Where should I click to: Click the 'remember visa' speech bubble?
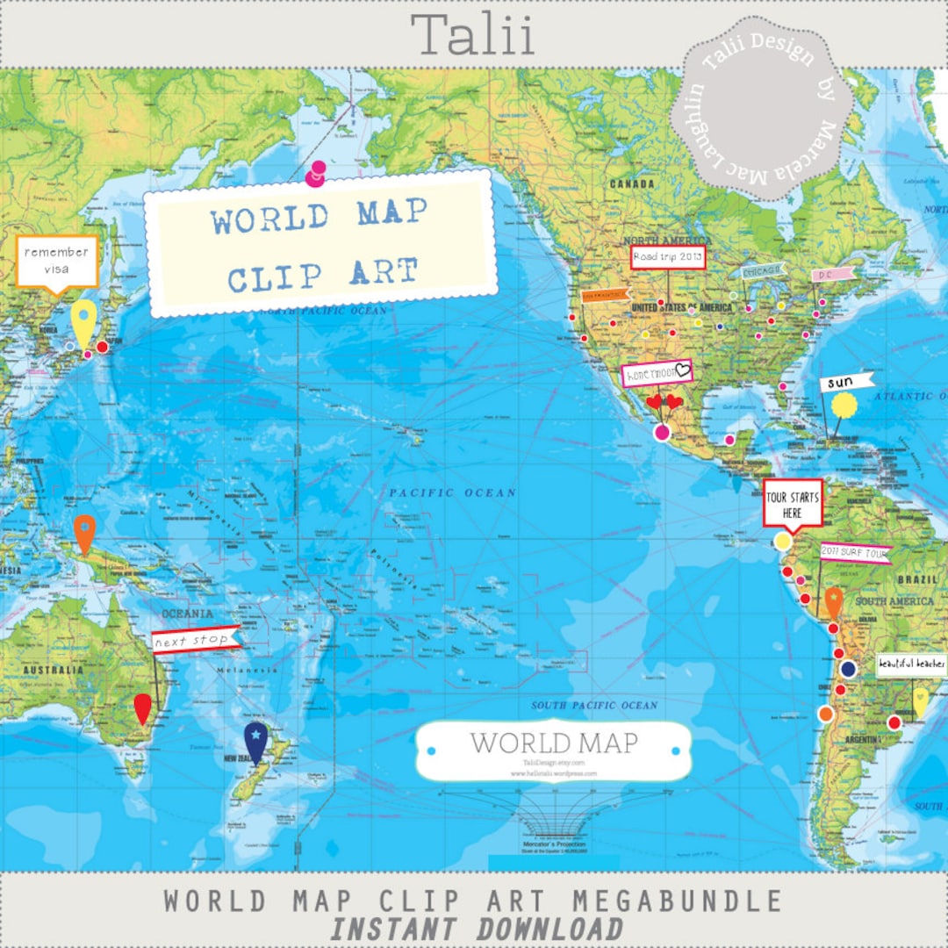57,261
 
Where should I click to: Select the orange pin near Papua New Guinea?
84,531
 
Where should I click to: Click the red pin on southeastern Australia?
142,707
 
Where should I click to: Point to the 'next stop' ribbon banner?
195,640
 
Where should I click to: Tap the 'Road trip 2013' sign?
668,257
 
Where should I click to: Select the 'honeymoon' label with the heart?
657,374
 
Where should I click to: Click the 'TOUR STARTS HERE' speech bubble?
793,504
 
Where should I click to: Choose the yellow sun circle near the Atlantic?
844,405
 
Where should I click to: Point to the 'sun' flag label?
847,383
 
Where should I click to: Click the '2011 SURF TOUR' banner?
856,553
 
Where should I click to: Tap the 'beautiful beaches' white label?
912,664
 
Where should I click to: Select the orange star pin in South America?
834,602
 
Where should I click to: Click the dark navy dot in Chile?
848,670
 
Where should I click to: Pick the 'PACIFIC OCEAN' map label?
453,492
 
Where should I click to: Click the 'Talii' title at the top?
473,36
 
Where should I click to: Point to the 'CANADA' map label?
632,184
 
